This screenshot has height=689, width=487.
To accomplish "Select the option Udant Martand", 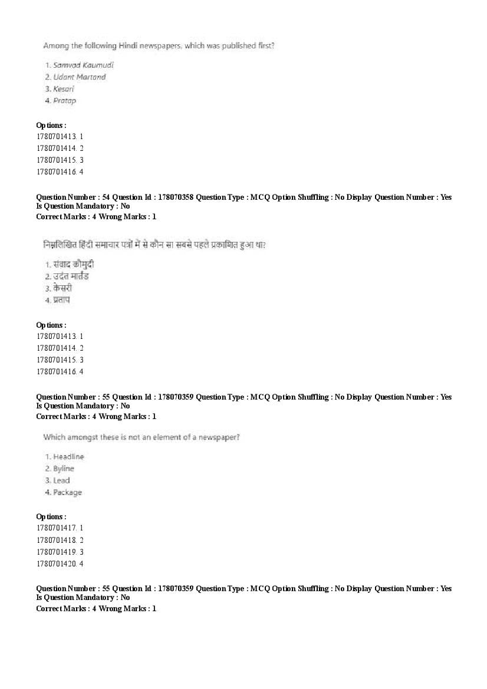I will pos(79,77).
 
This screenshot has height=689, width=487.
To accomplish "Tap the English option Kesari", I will pos(63,89).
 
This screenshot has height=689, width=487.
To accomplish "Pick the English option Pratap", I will pos(64,101).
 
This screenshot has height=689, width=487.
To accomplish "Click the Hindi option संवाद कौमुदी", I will pos(74,265).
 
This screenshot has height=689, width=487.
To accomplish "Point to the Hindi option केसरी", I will pos(62,289).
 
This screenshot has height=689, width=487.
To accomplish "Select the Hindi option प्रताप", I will pos(61,301).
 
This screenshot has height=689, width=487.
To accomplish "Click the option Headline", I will pos(68,457).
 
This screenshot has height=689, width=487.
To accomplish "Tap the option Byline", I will pos(64,469).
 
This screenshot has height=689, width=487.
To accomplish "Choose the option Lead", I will pos(61,480).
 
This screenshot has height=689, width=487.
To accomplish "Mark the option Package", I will pos(67,492).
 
